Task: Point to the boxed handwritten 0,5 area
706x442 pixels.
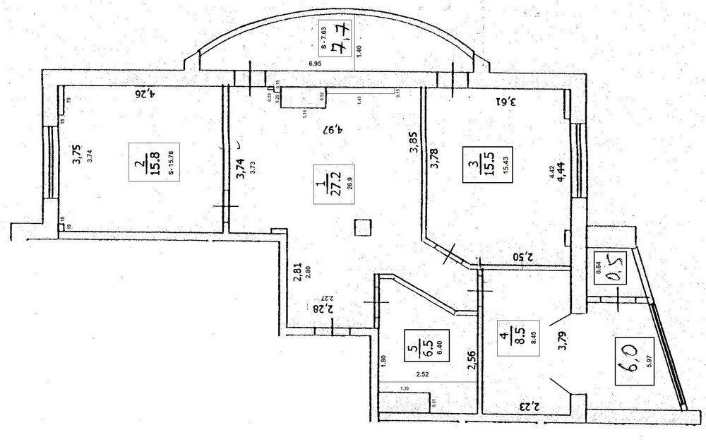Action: click(x=608, y=268)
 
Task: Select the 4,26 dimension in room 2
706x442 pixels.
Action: click(x=144, y=92)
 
